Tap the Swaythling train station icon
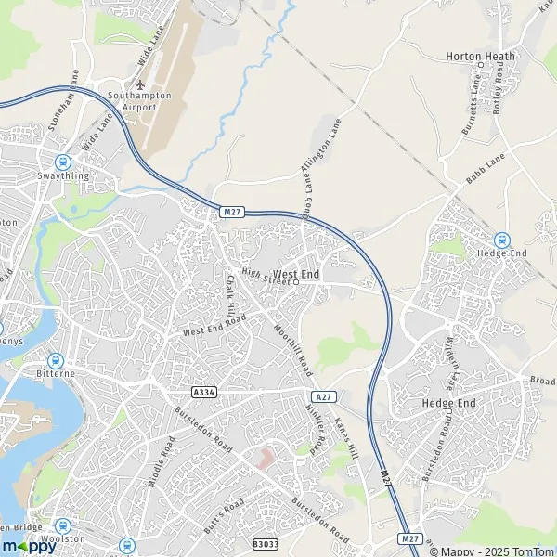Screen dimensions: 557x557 click(x=64, y=161)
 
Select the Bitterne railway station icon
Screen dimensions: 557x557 click(x=55, y=359)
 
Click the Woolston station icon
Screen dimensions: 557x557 click(x=62, y=525)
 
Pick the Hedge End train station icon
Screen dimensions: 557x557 click(x=502, y=240)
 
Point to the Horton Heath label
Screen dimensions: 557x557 click(x=479, y=56)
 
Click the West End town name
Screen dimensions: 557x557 click(x=297, y=275)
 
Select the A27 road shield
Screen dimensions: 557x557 click(x=322, y=396)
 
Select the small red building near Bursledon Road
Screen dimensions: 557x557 click(x=267, y=459)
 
